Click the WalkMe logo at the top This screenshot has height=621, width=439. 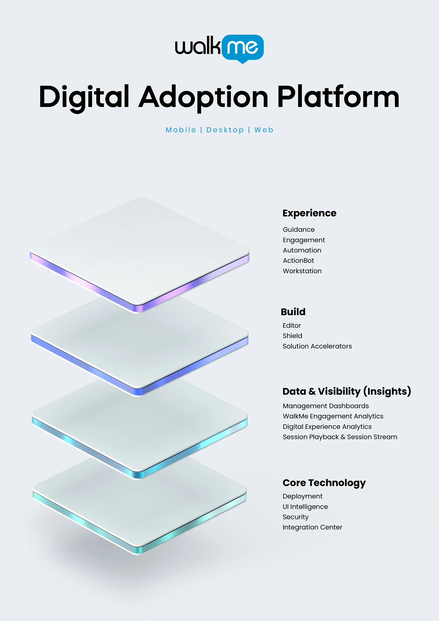(219, 49)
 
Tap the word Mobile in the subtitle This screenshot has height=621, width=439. (181, 130)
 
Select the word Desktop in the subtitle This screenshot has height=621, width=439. (225, 130)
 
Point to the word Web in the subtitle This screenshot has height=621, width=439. (264, 130)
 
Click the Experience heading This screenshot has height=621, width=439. (310, 213)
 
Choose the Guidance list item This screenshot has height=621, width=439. (299, 230)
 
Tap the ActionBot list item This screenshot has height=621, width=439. (298, 260)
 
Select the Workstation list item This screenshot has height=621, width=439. (302, 271)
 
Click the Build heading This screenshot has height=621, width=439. (293, 312)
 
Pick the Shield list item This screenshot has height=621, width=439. (292, 336)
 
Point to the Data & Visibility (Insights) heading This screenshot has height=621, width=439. (347, 391)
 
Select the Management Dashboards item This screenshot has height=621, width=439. (326, 406)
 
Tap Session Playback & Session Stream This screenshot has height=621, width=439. (340, 437)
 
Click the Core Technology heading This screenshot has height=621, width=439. (324, 483)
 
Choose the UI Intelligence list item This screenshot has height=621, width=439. (305, 507)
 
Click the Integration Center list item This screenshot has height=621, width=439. (312, 528)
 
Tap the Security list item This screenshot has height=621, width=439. (295, 517)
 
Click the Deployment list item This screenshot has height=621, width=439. (303, 497)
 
